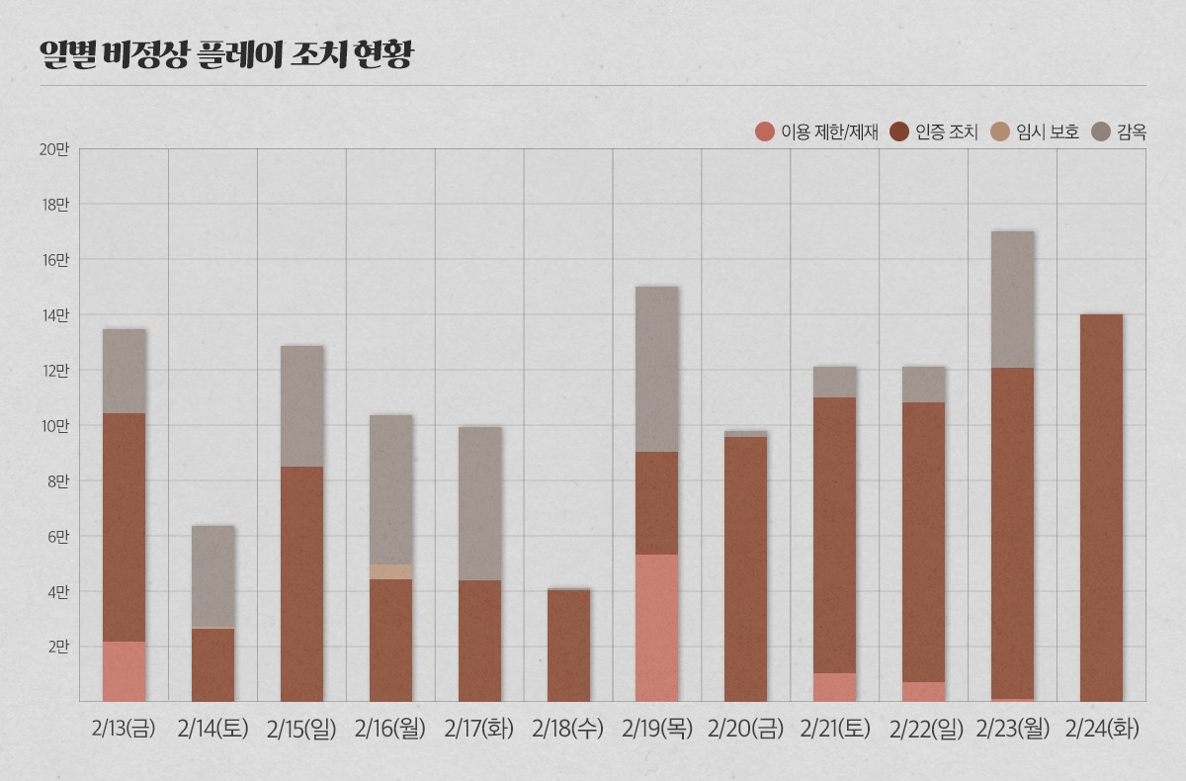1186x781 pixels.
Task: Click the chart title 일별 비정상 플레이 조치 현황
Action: click(x=225, y=54)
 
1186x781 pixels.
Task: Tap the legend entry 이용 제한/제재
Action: click(x=816, y=131)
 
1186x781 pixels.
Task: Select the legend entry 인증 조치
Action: click(x=934, y=131)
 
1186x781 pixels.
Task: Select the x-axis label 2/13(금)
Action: click(x=124, y=730)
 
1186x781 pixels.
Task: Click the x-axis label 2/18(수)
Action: click(x=567, y=730)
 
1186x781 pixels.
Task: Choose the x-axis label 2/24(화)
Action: click(x=1102, y=730)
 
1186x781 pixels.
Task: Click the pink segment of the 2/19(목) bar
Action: click(x=657, y=628)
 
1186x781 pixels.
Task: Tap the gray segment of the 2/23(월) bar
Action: click(x=1013, y=300)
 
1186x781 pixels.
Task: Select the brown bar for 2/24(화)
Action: click(x=1102, y=508)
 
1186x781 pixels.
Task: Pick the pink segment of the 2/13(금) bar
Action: click(x=124, y=671)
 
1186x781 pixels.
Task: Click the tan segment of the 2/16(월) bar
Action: click(x=390, y=571)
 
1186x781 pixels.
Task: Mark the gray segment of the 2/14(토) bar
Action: click(x=212, y=576)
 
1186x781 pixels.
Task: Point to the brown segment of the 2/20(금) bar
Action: click(x=746, y=569)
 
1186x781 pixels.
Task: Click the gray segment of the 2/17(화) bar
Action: click(x=479, y=503)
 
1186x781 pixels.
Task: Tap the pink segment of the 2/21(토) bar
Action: click(x=835, y=687)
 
